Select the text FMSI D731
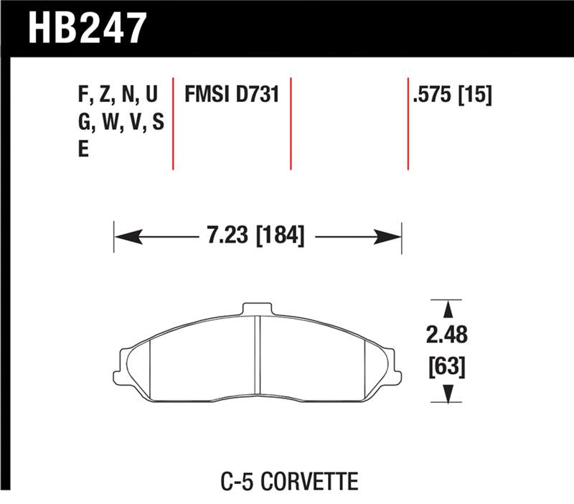(x=231, y=94)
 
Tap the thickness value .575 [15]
(x=451, y=94)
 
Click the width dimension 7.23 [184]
(x=255, y=235)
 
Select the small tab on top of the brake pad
(x=258, y=309)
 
